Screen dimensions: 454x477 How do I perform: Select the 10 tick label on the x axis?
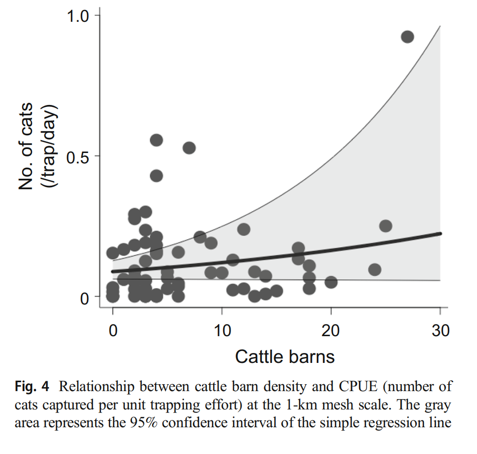click(x=222, y=330)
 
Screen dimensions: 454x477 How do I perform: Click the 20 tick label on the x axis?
click(x=331, y=330)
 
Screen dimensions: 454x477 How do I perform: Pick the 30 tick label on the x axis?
click(x=440, y=330)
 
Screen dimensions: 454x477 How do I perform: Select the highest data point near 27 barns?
click(x=407, y=37)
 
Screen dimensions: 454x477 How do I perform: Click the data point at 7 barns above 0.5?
click(x=189, y=148)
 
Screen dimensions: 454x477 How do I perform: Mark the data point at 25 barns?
click(x=385, y=226)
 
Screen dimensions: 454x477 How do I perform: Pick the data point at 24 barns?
click(x=374, y=269)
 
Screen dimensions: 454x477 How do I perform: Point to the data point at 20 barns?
click(x=331, y=282)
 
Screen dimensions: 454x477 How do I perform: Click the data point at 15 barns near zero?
click(x=276, y=291)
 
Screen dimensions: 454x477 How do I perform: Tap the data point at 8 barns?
click(x=200, y=237)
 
